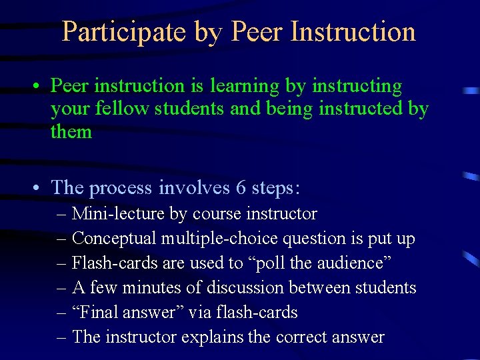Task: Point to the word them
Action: (71, 131)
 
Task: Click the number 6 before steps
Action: (241, 188)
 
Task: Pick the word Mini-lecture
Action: (111, 214)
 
